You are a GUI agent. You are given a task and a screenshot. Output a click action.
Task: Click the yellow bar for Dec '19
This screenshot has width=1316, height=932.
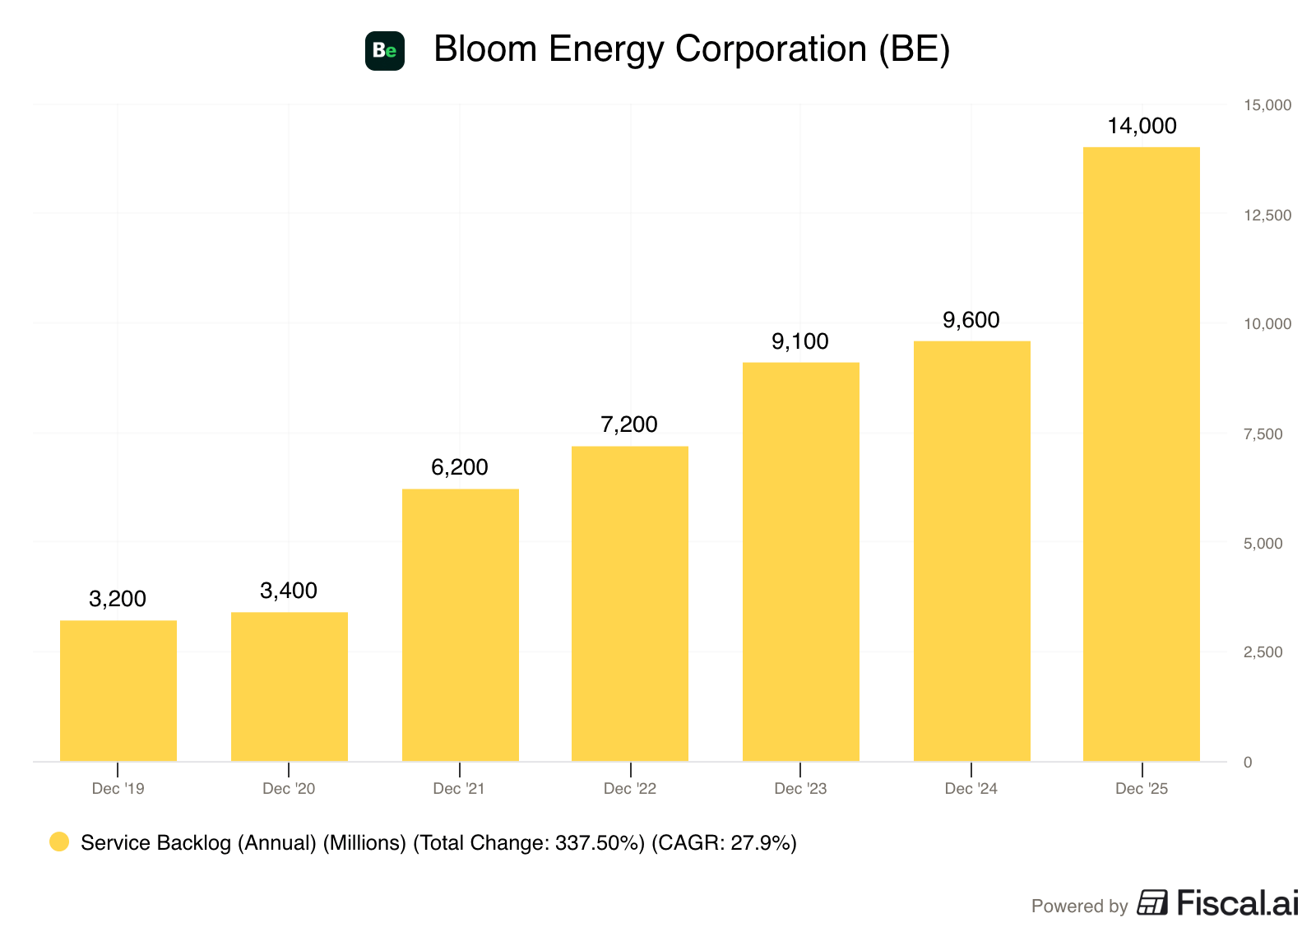(118, 690)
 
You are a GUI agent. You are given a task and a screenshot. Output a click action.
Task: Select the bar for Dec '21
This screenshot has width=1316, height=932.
(460, 624)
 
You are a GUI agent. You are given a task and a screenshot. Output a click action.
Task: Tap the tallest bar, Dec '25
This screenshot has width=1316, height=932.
(1141, 454)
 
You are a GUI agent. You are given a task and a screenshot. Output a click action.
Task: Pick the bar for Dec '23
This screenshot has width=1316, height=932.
(800, 562)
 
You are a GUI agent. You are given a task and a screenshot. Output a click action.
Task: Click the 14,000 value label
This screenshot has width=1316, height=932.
(1142, 126)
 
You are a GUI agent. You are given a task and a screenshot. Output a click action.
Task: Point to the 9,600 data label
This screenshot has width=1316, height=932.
(971, 320)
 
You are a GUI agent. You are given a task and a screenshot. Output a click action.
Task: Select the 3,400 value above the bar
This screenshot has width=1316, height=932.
(289, 591)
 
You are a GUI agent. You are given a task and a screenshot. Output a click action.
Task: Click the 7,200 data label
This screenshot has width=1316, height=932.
(628, 424)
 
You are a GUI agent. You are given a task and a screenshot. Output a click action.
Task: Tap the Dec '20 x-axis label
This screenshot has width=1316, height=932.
(289, 789)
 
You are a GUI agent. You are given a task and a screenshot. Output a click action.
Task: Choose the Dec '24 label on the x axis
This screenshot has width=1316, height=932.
(971, 789)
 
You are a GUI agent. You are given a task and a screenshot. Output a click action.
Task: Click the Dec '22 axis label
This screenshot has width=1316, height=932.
(630, 789)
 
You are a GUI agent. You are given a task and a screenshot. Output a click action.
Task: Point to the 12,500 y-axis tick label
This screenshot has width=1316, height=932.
(1267, 215)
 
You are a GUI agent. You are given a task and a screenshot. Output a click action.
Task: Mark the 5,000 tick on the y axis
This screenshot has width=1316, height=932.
(1263, 543)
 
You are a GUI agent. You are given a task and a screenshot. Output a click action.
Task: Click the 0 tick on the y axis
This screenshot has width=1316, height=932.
(1247, 763)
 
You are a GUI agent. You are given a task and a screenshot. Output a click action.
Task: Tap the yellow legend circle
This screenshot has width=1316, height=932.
(59, 842)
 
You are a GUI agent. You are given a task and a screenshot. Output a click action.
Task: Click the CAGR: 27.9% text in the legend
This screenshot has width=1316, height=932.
(724, 842)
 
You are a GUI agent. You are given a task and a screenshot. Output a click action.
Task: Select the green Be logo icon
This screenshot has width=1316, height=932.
(385, 51)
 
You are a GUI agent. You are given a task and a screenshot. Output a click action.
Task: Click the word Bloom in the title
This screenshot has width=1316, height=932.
(485, 49)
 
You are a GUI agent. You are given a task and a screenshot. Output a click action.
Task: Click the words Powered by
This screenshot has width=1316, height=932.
(1079, 906)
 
